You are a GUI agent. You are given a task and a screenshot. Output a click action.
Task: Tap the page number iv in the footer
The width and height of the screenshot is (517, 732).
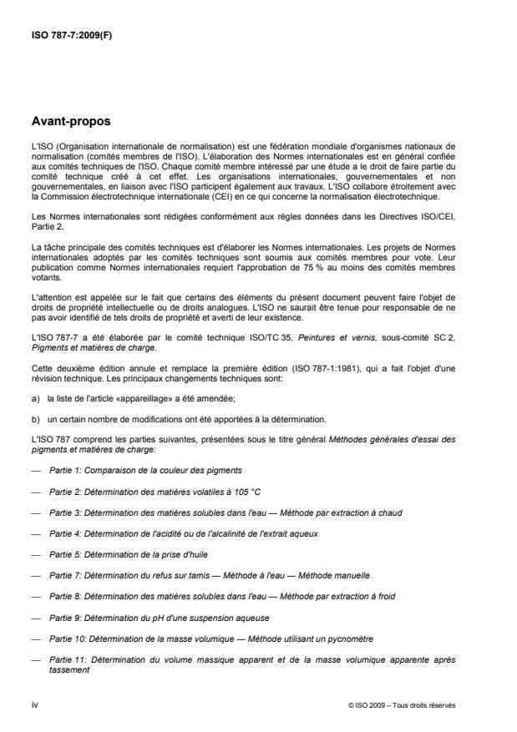33,705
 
